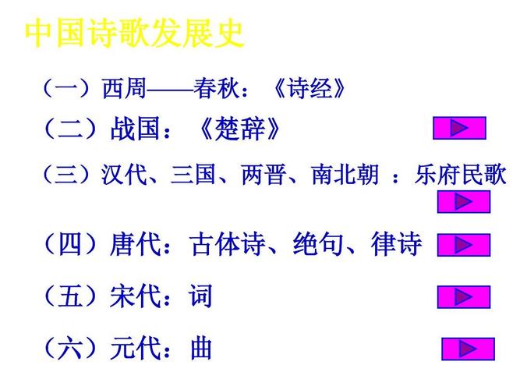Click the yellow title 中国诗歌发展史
(135, 34)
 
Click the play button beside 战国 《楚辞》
(459, 128)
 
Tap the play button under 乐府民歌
(463, 201)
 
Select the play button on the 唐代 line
(463, 246)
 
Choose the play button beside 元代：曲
(468, 349)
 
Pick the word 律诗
(398, 246)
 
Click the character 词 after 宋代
(200, 296)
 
